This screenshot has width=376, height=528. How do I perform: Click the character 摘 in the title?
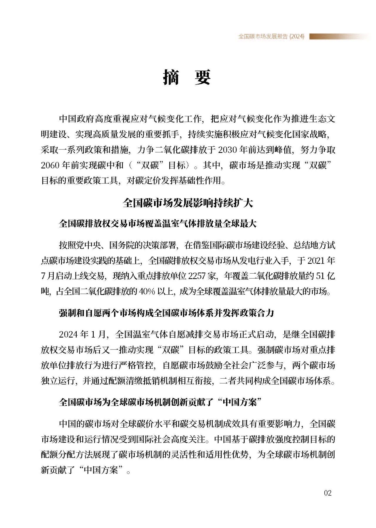171,77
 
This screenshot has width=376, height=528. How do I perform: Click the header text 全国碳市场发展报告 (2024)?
271,36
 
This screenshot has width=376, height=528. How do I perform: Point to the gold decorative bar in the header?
338,36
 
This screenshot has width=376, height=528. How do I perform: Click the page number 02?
328,493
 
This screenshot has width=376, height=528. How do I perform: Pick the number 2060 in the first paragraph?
50,165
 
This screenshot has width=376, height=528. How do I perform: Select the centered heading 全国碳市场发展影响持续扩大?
188,203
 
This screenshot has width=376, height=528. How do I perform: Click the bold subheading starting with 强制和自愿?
166,313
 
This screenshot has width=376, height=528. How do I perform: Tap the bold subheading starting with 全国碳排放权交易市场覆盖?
158,224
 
